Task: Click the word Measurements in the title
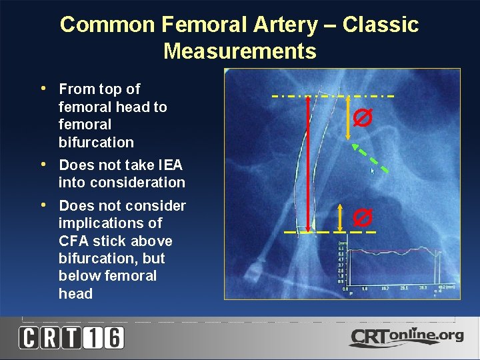tap(239, 51)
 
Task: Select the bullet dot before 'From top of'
tap(43, 88)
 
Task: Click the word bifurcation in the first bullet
tap(96, 142)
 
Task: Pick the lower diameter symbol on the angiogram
tap(363, 217)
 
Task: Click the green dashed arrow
tap(371, 158)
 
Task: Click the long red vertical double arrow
tap(307, 163)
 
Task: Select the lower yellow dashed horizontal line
tap(329, 232)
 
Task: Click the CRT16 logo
tap(71, 338)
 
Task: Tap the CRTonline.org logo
tap(406, 337)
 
